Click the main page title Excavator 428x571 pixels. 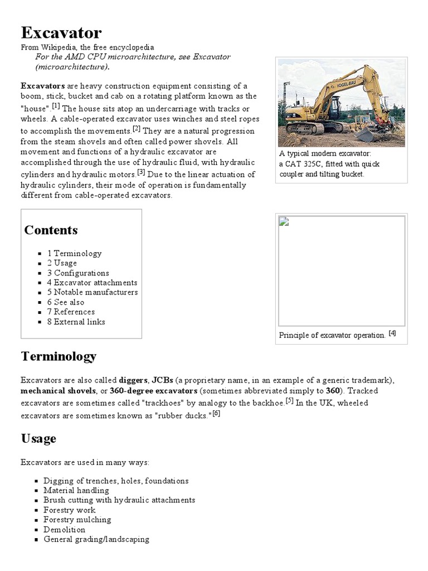pos(61,32)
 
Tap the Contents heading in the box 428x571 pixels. pos(51,230)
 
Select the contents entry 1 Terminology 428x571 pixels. pos(74,253)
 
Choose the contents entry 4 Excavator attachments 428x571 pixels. pos(92,283)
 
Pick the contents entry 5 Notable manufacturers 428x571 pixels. pos(92,292)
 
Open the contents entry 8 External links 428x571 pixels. pos(76,322)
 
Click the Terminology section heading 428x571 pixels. pos(59,356)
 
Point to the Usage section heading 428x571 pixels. pos(38,439)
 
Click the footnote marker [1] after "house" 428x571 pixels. pos(56,107)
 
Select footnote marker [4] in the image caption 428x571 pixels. pos(392,333)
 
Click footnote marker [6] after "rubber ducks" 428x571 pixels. pos(216,414)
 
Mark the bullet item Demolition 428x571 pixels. pos(64,530)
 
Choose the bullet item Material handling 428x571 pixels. pos(76,491)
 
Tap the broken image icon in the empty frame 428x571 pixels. pos(284,221)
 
